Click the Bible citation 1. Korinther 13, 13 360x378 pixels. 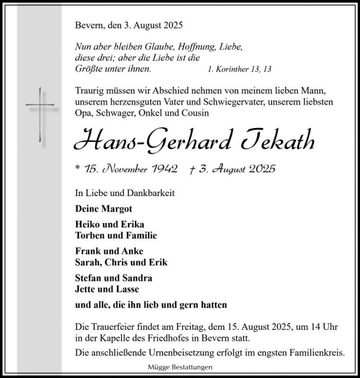pyautogui.click(x=239, y=69)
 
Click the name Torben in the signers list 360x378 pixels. pyautogui.click(x=88, y=235)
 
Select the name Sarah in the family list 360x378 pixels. pyautogui.click(x=87, y=262)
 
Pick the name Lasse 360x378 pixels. pyautogui.click(x=127, y=289)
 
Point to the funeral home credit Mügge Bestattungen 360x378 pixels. pyautogui.click(x=180, y=367)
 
